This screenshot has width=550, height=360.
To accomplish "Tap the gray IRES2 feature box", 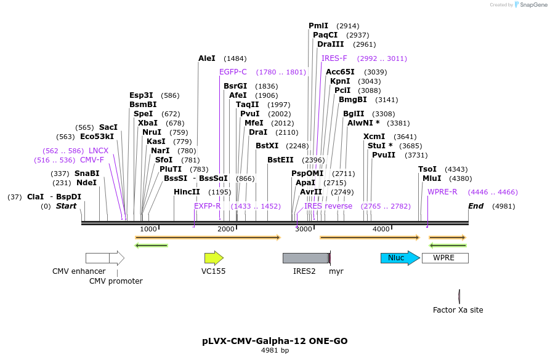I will click(305, 258).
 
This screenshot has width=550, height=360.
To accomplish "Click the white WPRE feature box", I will click(445, 258).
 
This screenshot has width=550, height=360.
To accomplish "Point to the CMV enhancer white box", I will click(97, 258).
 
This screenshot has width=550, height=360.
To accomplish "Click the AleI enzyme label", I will click(207, 58).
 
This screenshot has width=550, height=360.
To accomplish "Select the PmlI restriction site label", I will click(318, 26).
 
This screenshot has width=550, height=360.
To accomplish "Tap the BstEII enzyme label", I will click(280, 160).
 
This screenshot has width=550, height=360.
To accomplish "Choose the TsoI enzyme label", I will click(427, 169).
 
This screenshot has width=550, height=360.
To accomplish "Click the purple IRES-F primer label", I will click(334, 58).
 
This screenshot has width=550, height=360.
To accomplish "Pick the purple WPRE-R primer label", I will click(442, 192).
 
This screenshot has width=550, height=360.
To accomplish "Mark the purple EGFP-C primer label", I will click(233, 72).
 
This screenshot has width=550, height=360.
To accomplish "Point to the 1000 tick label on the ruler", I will click(148, 229).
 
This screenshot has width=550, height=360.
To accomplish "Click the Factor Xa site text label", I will click(458, 310).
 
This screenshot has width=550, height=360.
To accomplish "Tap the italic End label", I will click(476, 206).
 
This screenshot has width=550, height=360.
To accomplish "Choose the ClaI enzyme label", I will click(35, 197).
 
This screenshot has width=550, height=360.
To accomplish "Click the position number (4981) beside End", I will click(504, 206).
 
